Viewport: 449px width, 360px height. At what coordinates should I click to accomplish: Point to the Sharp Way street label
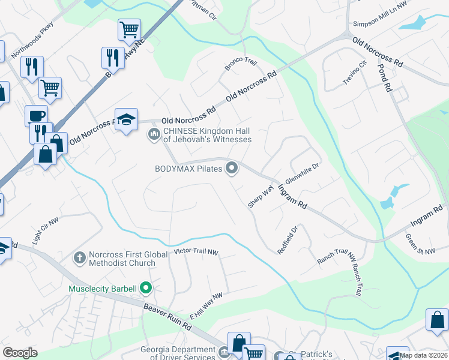[261, 197]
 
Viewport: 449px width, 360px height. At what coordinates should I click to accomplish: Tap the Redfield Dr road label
[288, 239]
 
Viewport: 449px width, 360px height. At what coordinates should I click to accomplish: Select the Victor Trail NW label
[196, 251]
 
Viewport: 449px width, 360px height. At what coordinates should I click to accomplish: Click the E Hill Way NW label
[206, 305]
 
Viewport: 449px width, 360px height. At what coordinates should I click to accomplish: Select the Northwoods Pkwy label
[32, 37]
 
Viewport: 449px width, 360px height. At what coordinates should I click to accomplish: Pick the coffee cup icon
[36, 115]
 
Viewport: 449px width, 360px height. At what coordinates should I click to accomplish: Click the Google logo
[20, 353]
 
